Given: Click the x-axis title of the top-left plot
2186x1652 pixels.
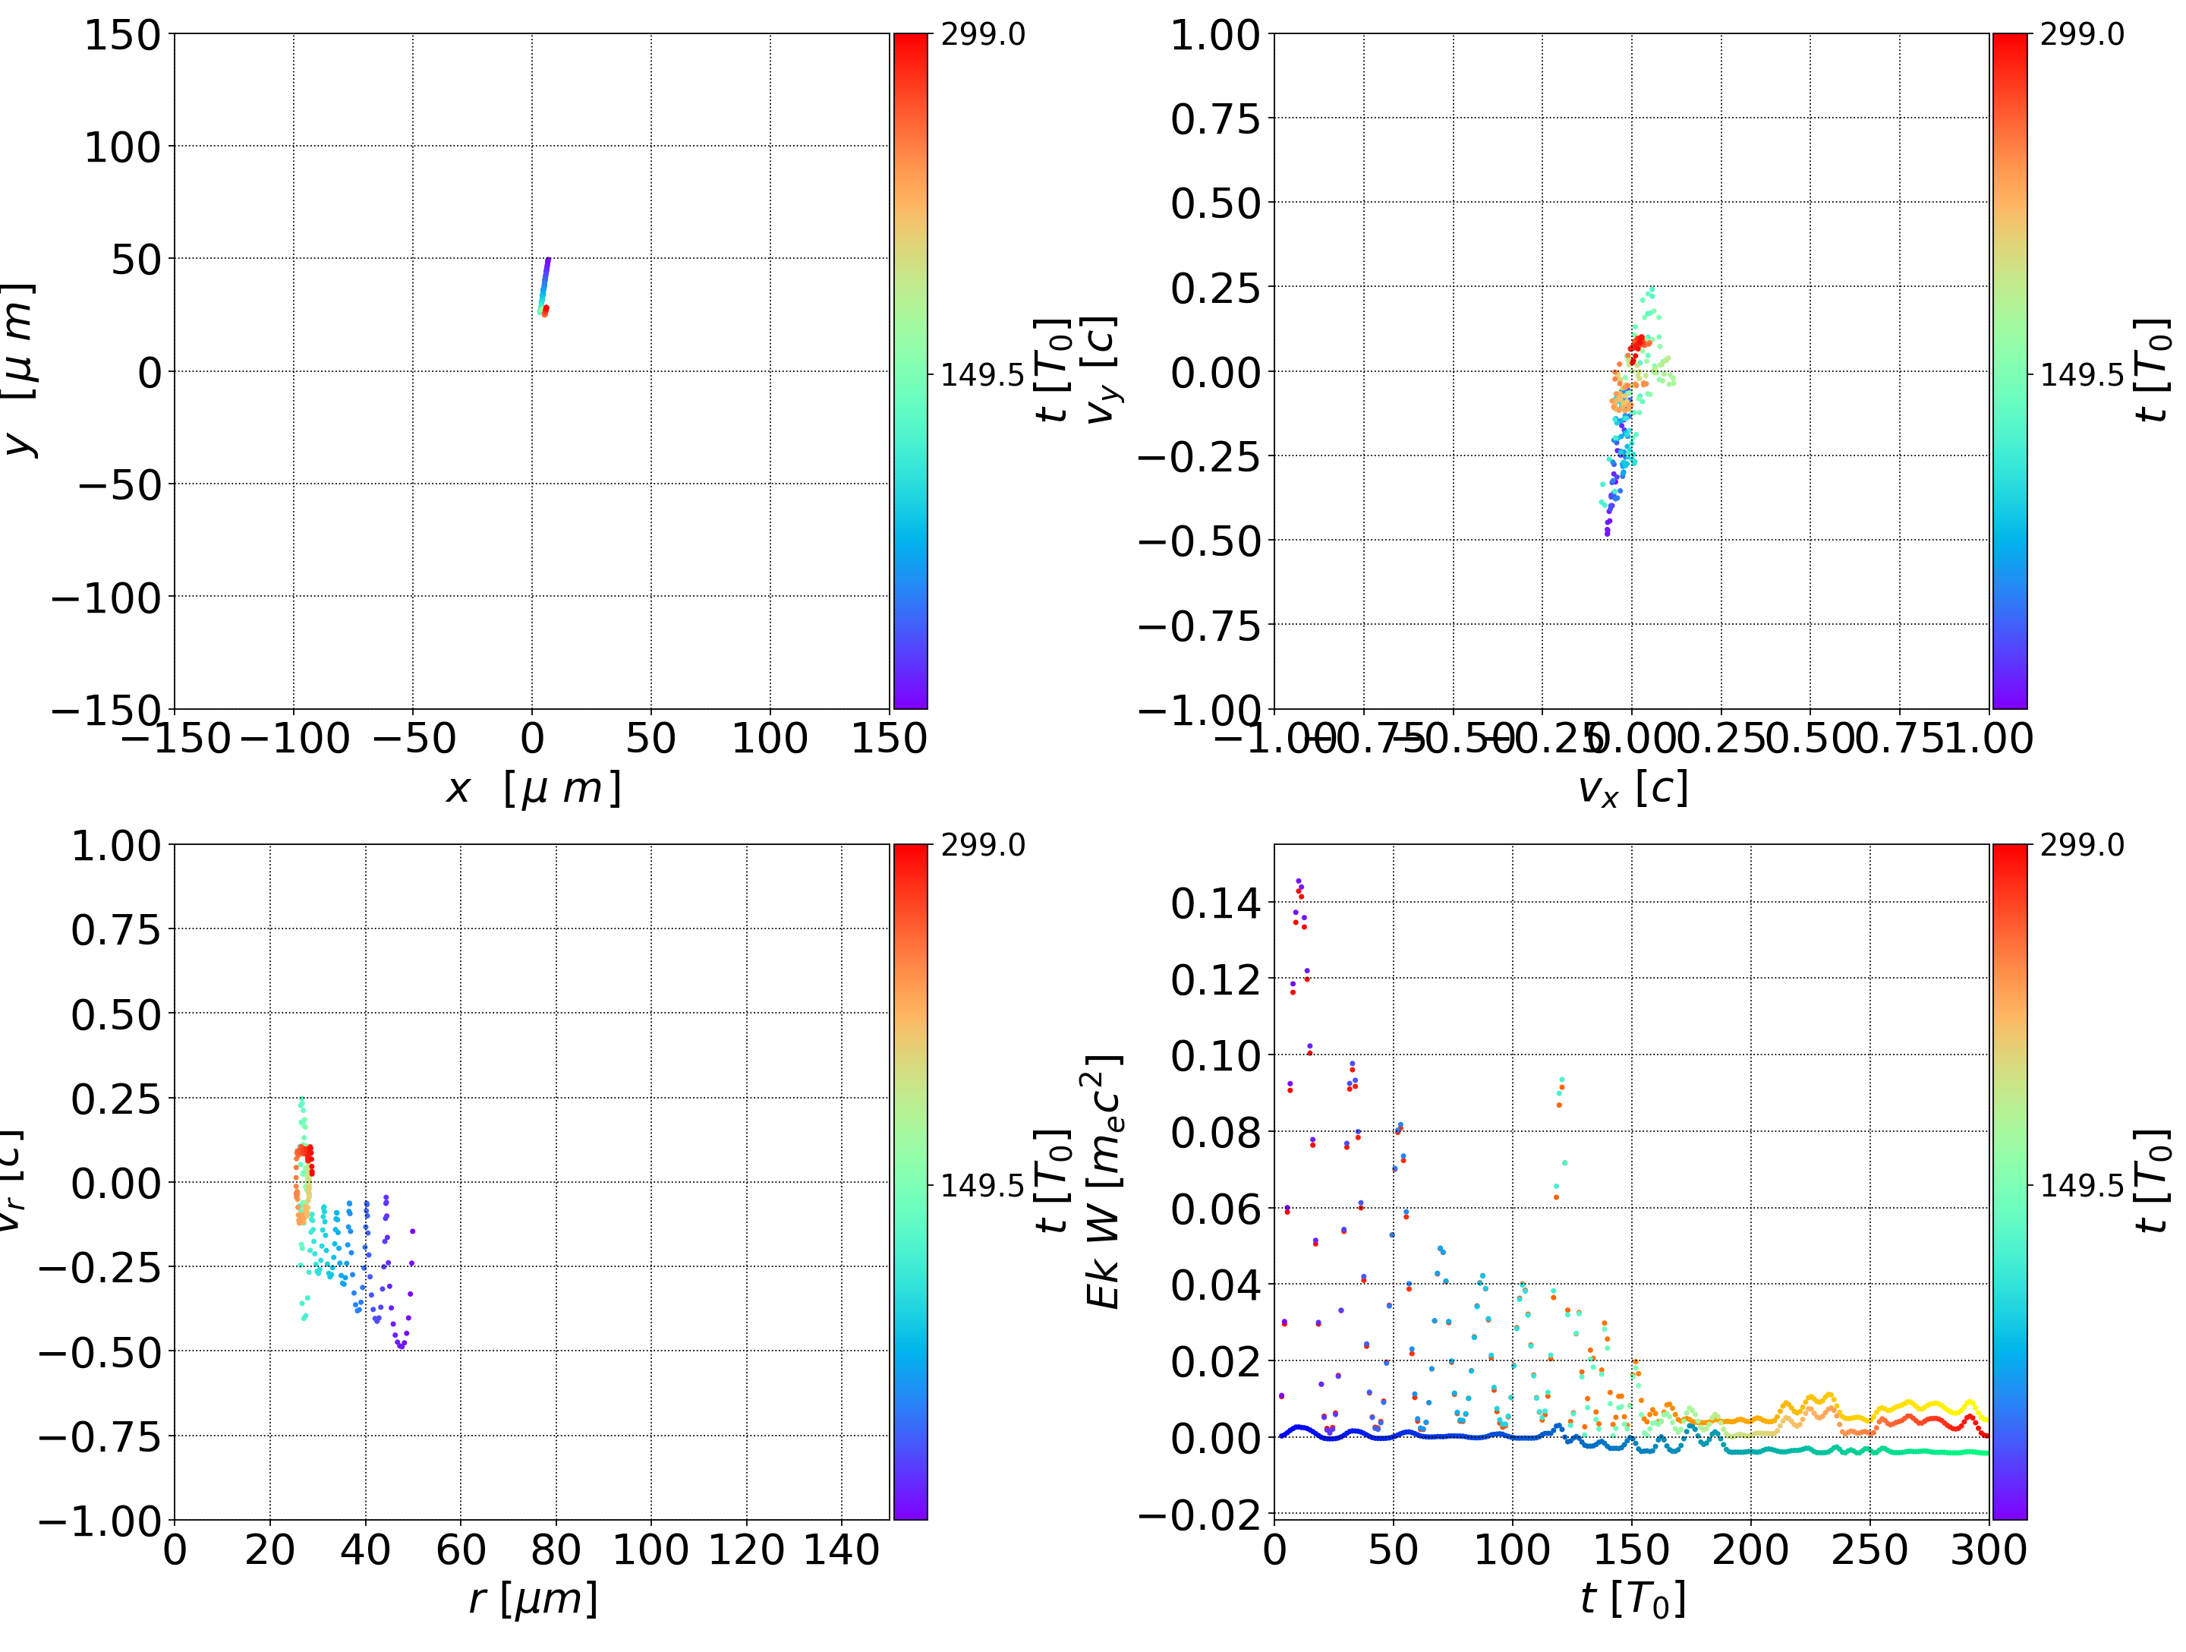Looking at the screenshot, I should (533, 788).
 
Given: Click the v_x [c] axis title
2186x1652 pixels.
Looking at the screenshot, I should (1632, 788).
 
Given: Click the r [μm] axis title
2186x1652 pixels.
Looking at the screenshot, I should (533, 1599).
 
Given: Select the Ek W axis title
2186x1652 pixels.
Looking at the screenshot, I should (1104, 1181).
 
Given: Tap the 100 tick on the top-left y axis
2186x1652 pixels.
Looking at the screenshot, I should (121, 147).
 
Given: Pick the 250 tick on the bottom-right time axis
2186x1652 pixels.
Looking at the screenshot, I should (1869, 1550).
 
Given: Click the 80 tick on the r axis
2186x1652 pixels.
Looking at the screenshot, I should (556, 1550).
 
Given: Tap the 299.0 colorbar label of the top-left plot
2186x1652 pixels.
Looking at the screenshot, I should (982, 35).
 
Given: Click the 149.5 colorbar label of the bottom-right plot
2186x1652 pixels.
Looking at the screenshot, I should (2081, 1184).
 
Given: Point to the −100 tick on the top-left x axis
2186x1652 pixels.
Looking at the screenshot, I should (295, 739).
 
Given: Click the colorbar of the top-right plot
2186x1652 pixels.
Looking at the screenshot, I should (2009, 370).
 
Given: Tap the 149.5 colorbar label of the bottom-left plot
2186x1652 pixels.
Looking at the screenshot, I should (982, 1184).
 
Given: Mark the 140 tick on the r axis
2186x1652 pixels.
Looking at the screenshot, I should (841, 1550).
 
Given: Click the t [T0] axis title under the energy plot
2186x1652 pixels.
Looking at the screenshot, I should (1632, 1599).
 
